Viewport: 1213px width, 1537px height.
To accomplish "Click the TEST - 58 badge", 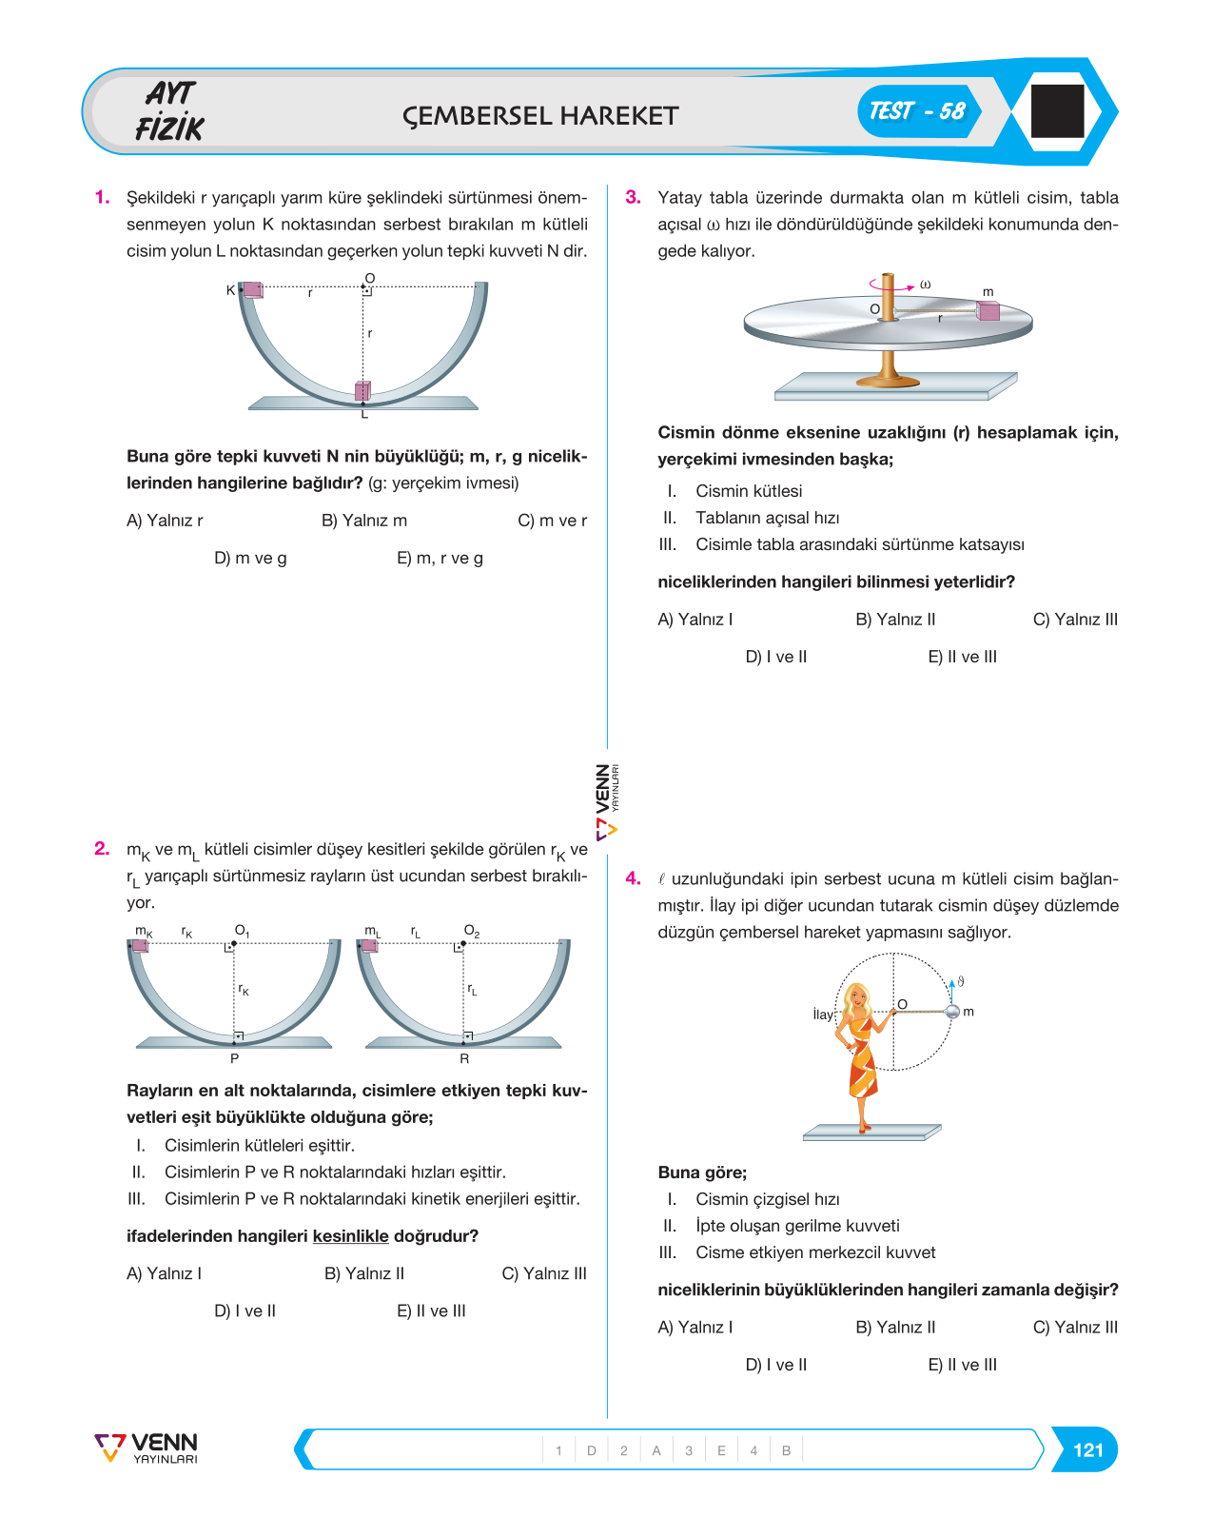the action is [x=919, y=111].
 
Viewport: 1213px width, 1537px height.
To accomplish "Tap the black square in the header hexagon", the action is [x=1057, y=111].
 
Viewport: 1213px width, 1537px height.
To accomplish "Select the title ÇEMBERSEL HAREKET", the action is [x=539, y=116].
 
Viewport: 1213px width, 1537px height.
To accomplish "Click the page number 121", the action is [x=1087, y=1449].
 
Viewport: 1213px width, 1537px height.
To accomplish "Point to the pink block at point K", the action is [x=252, y=290].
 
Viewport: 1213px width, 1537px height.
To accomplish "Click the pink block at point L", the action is [x=362, y=391].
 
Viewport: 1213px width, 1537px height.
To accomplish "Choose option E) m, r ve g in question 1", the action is [x=440, y=558].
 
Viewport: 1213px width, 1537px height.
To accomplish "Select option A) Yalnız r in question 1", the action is [x=165, y=521].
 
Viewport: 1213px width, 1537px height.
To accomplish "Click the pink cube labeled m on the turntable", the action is [x=988, y=310].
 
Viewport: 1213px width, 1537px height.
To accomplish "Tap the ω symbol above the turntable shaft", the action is [x=926, y=285].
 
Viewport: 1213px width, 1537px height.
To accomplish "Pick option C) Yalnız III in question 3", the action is [x=1075, y=620].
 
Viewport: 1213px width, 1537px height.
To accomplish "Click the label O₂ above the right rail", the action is [x=471, y=931].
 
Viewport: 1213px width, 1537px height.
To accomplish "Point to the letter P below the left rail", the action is [x=234, y=1058].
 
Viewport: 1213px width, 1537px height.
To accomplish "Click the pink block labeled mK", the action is [x=140, y=946].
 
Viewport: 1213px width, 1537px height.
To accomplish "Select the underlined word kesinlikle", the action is [x=350, y=1236].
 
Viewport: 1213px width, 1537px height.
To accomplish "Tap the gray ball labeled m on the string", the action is [x=951, y=1012].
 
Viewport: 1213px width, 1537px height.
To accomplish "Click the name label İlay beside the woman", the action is [x=823, y=1015].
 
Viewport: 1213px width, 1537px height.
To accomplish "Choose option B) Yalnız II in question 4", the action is [x=895, y=1327].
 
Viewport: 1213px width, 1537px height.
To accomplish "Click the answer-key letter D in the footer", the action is [x=591, y=1450].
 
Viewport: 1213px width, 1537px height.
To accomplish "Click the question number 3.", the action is [x=633, y=197].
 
